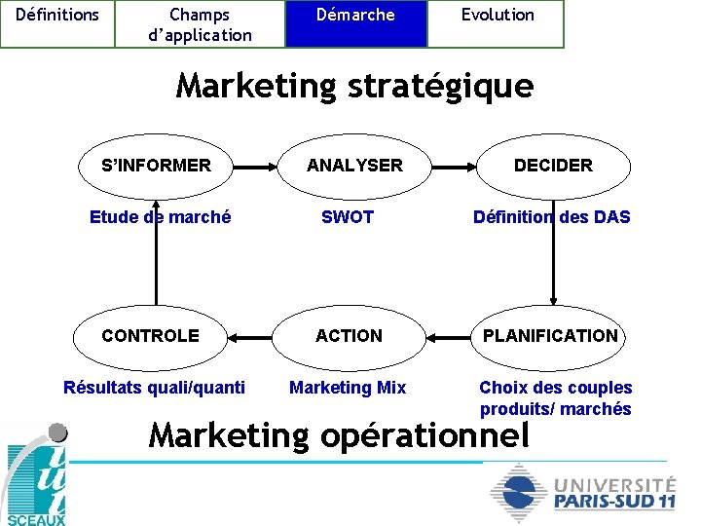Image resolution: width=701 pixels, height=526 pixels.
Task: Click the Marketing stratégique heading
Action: [354, 86]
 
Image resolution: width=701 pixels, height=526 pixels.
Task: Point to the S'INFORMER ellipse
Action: [156, 166]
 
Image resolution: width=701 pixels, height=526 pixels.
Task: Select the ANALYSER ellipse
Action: [354, 166]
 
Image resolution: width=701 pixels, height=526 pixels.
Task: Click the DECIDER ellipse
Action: [553, 166]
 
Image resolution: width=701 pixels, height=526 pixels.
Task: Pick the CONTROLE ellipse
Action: [151, 336]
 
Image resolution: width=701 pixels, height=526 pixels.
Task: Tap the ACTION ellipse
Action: [349, 336]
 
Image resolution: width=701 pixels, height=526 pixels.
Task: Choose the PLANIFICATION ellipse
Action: [550, 336]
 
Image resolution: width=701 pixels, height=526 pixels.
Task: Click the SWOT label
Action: [348, 217]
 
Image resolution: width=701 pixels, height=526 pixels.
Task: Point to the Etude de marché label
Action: [160, 217]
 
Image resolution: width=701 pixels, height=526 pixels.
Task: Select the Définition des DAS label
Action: [551, 217]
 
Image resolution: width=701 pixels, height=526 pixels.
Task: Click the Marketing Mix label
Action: [348, 388]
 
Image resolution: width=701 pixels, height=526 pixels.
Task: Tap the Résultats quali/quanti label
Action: [154, 388]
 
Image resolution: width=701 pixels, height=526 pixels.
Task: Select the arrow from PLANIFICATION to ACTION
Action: [450, 336]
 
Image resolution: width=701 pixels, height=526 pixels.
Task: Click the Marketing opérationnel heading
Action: [340, 434]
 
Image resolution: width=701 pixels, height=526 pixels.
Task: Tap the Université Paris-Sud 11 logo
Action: [582, 493]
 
